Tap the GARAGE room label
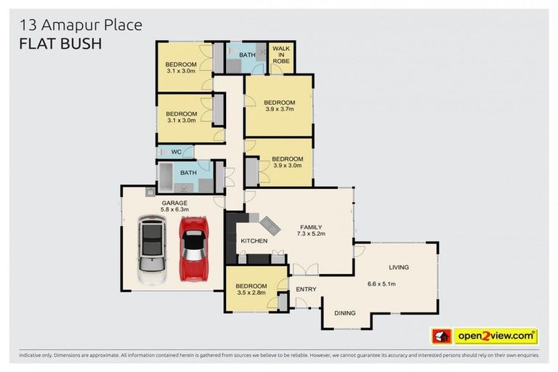click(x=174, y=203)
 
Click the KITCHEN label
click(x=254, y=240)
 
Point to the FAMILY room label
click(x=310, y=226)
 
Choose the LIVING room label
click(x=398, y=267)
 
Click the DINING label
click(x=344, y=313)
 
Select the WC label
click(x=176, y=153)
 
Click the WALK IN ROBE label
click(x=281, y=56)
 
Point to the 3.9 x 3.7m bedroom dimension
click(x=279, y=109)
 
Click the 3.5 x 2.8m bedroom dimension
click(x=251, y=293)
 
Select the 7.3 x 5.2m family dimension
click(x=310, y=234)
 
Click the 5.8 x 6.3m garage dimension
click(x=174, y=211)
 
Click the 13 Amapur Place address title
click(x=81, y=25)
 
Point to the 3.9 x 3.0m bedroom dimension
click(x=287, y=166)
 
